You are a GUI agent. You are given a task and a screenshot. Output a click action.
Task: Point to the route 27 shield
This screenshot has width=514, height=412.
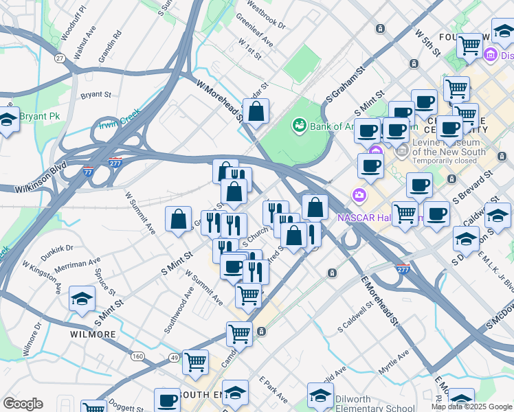tap(60, 58)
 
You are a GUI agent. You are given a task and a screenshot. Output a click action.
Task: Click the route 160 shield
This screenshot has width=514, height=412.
tap(138, 356)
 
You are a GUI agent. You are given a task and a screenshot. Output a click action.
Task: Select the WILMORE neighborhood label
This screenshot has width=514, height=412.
tap(93, 334)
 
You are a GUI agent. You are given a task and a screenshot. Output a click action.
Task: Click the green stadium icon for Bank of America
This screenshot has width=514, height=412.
tap(299, 126)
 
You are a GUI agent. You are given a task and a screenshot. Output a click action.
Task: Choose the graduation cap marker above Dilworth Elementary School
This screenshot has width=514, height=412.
tap(320, 394)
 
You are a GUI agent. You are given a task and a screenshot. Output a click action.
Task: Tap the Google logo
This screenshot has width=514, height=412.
tap(23, 404)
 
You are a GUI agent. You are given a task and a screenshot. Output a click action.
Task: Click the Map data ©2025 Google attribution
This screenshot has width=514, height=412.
tap(471, 407)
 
